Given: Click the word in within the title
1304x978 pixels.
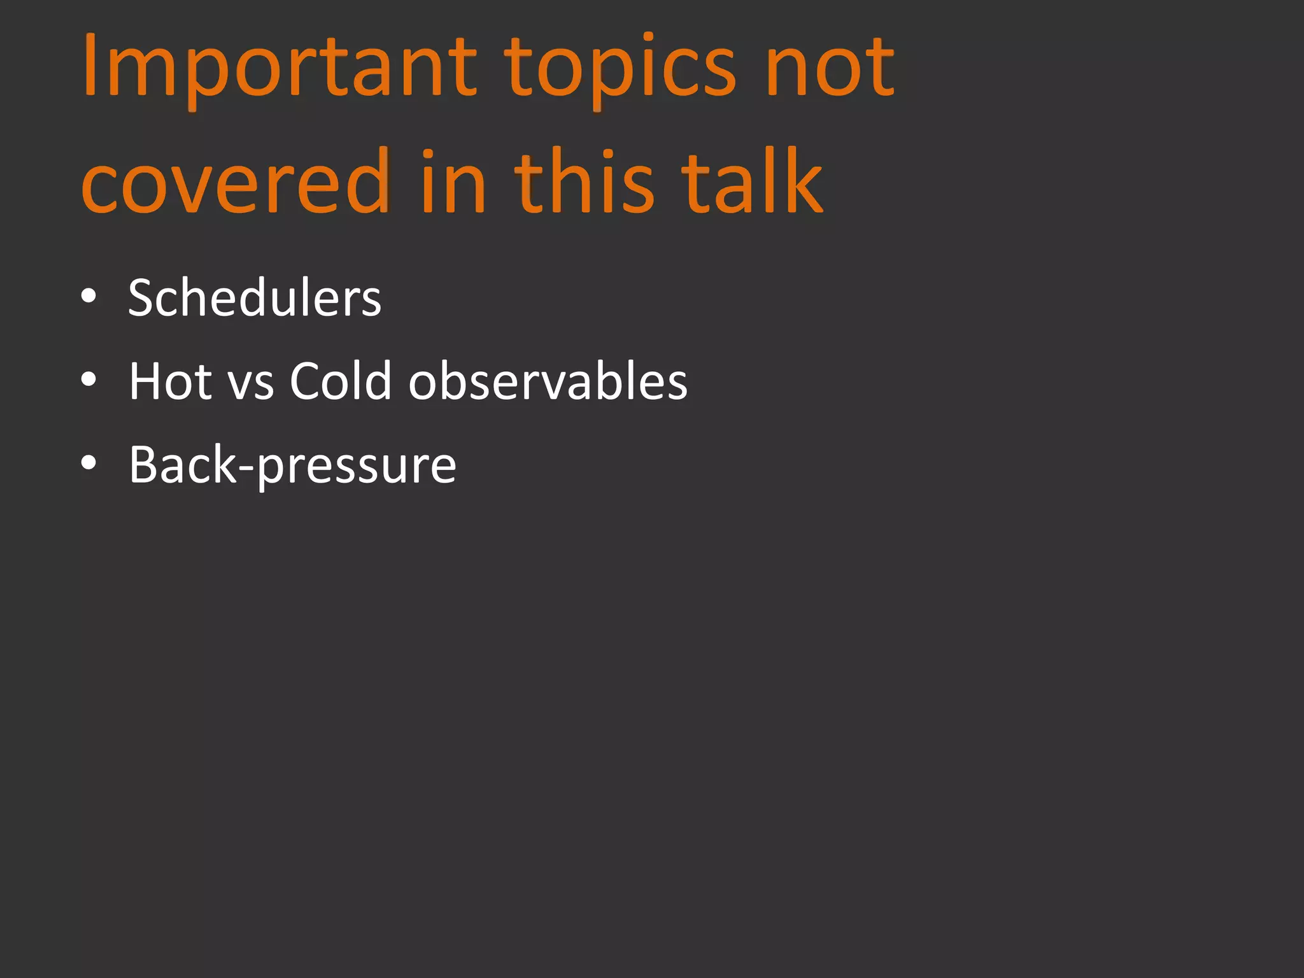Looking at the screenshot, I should click(453, 182).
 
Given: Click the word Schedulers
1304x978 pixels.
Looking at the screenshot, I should click(255, 298).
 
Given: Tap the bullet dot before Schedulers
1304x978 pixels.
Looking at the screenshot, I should click(89, 297).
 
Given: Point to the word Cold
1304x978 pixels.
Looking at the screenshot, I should click(340, 381).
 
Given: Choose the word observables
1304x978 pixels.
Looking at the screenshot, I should click(548, 381).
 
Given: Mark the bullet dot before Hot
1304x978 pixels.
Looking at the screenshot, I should click(89, 380).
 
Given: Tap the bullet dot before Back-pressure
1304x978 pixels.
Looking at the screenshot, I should click(89, 464).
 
